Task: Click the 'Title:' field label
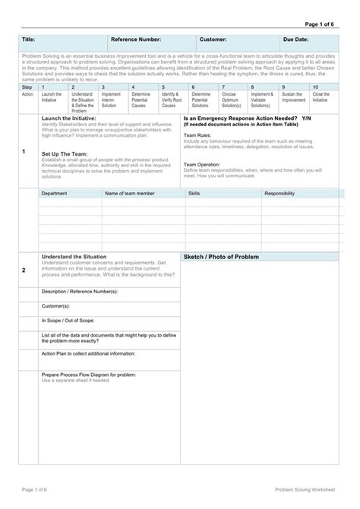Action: [x=29, y=38]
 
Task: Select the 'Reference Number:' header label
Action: [x=136, y=38]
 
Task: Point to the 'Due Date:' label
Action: [x=295, y=38]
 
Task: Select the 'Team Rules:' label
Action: [x=197, y=133]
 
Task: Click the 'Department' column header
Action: [x=54, y=194]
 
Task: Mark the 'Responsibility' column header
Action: [x=279, y=194]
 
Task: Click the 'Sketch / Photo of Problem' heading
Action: [x=220, y=258]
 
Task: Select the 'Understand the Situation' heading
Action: [x=74, y=257]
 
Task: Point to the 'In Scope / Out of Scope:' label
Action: [x=69, y=321]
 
